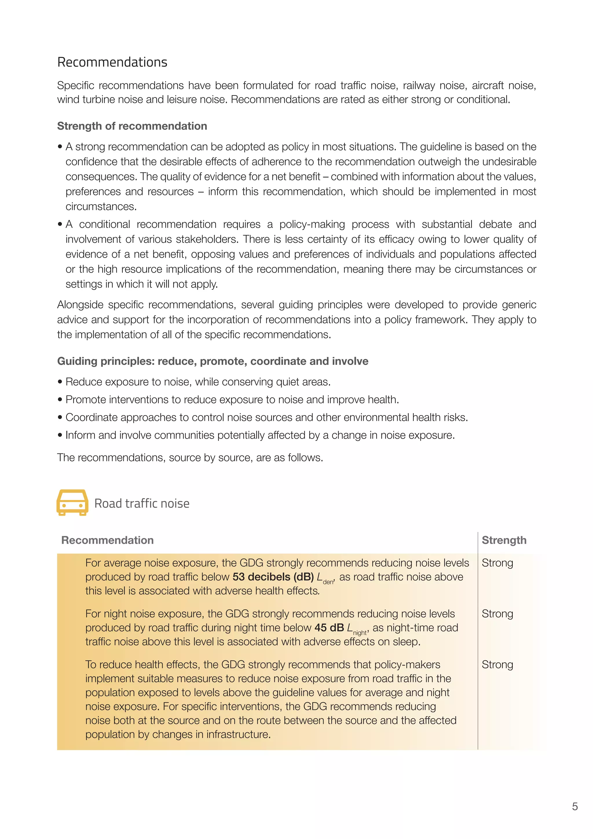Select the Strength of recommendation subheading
tap(132, 126)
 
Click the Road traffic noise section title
tap(142, 504)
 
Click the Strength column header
tap(504, 540)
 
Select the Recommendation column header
tap(107, 540)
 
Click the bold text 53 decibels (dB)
tap(273, 577)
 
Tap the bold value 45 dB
tap(329, 628)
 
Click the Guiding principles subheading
tap(213, 361)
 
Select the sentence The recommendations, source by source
tap(190, 457)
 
